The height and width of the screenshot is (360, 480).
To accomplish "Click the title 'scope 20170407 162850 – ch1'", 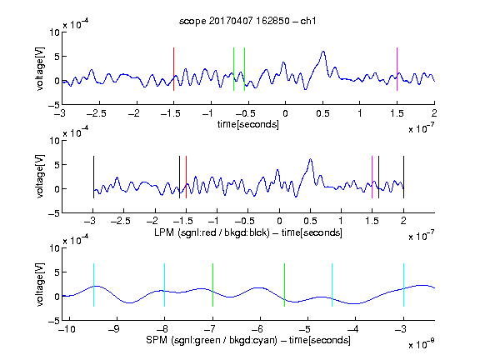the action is (247, 21).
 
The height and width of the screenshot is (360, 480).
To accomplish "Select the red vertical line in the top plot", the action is (173, 69).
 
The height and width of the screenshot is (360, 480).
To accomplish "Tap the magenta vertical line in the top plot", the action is (397, 69).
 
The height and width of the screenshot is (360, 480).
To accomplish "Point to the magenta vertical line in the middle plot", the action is (372, 177).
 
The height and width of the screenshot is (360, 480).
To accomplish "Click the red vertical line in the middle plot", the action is (186, 177).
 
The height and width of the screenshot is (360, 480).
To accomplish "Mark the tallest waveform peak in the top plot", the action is (323, 52).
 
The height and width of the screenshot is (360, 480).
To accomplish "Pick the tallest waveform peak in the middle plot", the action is (310, 159).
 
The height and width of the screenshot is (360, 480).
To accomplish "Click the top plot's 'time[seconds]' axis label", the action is (248, 124).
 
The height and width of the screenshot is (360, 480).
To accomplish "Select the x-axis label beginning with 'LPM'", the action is (248, 232).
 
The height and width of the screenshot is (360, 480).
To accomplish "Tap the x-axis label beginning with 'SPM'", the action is (248, 340).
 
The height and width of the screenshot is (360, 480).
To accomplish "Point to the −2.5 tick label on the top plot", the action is (97, 113).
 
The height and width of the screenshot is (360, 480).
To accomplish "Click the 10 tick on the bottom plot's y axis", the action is (55, 248).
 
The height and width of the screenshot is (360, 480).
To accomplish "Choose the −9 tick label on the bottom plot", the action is (114, 329).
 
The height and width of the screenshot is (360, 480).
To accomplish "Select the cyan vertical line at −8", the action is (164, 285).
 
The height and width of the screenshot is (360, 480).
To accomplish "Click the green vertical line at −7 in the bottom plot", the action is (212, 285).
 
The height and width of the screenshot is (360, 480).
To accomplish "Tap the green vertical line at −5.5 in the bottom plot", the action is (284, 285).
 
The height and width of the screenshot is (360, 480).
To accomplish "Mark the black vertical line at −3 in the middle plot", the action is (93, 177).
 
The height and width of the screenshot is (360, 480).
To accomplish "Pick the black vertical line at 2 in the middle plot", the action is (403, 177).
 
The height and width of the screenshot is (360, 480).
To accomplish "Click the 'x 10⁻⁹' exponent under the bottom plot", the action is (422, 344).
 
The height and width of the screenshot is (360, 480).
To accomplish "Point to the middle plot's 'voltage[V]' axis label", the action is (40, 177).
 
